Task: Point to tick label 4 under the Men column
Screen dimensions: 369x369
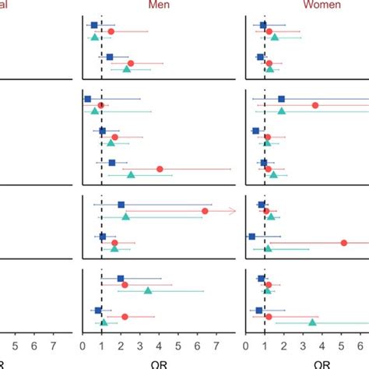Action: click(x=160, y=341)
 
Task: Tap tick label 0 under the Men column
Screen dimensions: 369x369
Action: click(x=83, y=341)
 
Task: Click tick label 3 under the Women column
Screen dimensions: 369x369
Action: click(x=303, y=341)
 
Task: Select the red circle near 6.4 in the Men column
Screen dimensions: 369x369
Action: click(x=205, y=211)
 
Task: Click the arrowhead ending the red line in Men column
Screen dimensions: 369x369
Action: click(x=233, y=211)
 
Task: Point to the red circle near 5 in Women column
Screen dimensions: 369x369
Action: click(x=344, y=243)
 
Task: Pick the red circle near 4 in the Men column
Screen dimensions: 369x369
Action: click(x=160, y=169)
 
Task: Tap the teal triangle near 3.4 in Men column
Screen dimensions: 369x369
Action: click(x=148, y=290)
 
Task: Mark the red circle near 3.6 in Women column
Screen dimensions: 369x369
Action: click(x=315, y=105)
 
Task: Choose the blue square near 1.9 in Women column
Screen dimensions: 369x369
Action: click(x=282, y=99)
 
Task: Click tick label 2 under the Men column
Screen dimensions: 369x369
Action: click(x=121, y=341)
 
